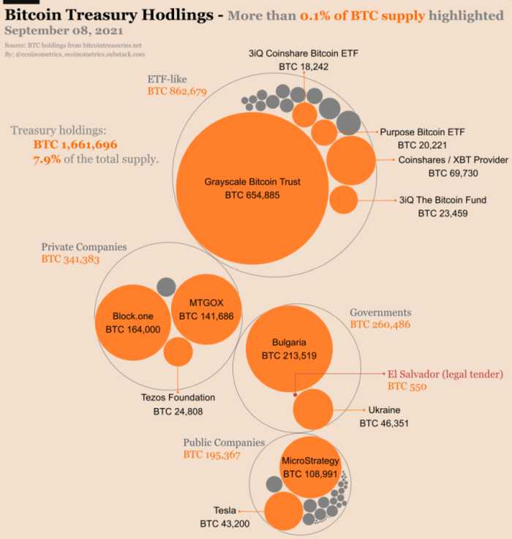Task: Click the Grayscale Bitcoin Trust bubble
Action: click(x=252, y=189)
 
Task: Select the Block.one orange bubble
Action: click(x=132, y=323)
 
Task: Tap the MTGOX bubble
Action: click(x=206, y=308)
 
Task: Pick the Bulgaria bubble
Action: click(x=288, y=348)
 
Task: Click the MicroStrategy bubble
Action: click(x=310, y=467)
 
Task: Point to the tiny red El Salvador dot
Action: click(x=295, y=395)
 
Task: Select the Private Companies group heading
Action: click(x=84, y=247)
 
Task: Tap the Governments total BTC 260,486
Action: click(x=380, y=324)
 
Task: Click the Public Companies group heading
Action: click(x=224, y=442)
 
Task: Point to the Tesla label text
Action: click(x=225, y=510)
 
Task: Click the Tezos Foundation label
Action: click(x=178, y=398)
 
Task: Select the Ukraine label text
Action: click(x=384, y=410)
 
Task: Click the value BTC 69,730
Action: click(x=453, y=173)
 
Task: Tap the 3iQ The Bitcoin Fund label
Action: click(x=442, y=200)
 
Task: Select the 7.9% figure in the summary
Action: click(x=47, y=159)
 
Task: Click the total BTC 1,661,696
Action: click(x=75, y=145)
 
